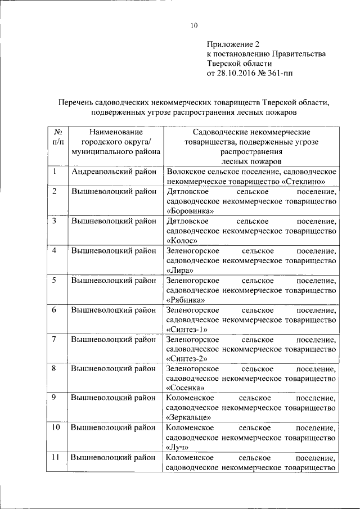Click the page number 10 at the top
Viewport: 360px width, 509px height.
click(x=194, y=25)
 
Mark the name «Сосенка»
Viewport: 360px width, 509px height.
click(x=185, y=388)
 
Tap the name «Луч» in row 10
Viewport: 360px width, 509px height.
click(x=178, y=447)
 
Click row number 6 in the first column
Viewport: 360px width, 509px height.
click(x=55, y=310)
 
